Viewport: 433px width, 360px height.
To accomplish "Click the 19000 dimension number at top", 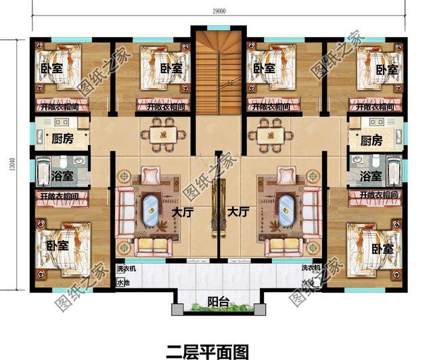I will click(x=217, y=11).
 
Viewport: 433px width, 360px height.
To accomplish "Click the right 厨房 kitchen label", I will click(x=373, y=141).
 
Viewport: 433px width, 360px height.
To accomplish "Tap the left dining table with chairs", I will click(x=163, y=134).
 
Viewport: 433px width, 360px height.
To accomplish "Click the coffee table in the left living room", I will click(x=151, y=212).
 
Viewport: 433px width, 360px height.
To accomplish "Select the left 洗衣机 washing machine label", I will click(x=125, y=269).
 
